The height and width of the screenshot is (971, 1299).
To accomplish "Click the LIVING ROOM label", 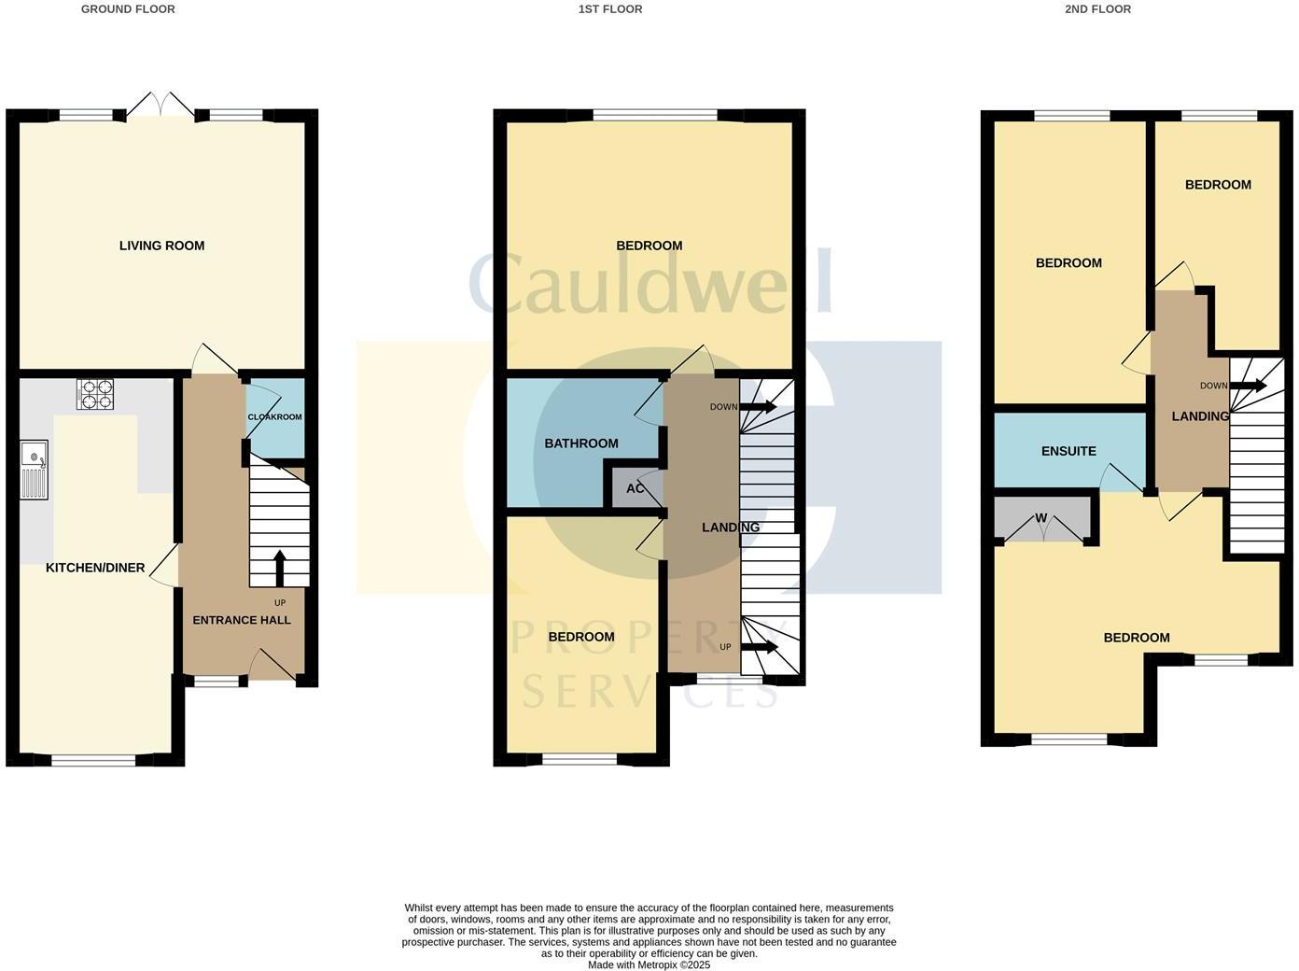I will pos(161,246).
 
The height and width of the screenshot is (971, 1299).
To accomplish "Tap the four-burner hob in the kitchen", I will pos(94,393).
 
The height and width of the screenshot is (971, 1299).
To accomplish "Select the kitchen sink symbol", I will pos(34,470).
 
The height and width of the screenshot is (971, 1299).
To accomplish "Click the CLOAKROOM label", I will pos(274,417).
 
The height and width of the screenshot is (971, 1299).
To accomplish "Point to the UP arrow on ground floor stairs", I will pos(279,566).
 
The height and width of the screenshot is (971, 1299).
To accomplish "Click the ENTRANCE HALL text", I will pos(242,620).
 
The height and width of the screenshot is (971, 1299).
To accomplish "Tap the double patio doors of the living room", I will pos(161,105).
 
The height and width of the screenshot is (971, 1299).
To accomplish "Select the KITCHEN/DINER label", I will pos(95,568).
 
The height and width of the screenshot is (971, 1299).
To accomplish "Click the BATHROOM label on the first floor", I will pos(581,443).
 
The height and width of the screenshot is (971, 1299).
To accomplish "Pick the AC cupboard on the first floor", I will pos(635,488).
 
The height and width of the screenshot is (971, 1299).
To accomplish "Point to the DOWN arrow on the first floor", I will pos(758,406).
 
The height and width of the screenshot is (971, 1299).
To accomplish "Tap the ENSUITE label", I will pos(1069,451).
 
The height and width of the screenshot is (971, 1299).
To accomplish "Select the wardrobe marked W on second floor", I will pos(1041,519).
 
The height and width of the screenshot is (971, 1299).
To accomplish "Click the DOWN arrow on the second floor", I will pos(1249,386).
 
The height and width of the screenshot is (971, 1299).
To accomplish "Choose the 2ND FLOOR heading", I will pos(1097,9).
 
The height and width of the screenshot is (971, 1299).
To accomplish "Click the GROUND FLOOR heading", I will pos(128,9).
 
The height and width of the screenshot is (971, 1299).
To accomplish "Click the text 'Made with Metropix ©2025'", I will pos(649,964).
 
